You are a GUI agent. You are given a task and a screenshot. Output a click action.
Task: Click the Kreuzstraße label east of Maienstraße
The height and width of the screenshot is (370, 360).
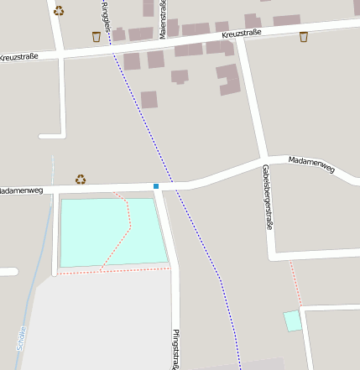click(243, 34)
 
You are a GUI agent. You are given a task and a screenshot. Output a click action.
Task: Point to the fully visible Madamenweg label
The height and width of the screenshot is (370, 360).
click(311, 163)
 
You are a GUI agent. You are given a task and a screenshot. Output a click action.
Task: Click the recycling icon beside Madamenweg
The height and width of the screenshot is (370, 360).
click(81, 179)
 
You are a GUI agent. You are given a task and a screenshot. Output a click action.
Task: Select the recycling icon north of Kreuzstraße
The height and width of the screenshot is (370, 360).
click(59, 11)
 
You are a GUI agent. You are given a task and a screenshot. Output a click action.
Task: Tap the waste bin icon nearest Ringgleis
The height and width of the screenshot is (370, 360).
click(96, 37)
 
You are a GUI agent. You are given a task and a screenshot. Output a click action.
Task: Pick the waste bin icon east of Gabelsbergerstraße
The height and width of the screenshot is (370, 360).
click(304, 36)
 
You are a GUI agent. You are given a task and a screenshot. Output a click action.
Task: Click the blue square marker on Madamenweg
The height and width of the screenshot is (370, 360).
click(156, 185)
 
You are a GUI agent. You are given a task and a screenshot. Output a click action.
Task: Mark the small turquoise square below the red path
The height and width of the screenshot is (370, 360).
click(292, 320)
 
